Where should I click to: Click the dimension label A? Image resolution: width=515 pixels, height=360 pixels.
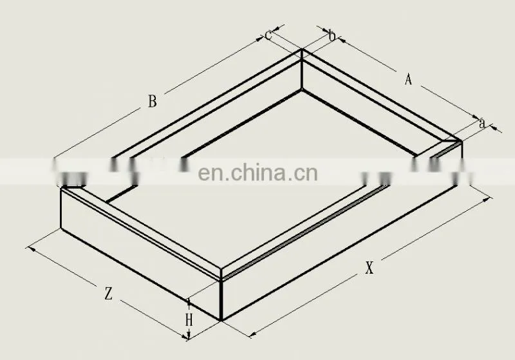tap(408, 79)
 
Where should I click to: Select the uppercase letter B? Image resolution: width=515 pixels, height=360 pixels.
tap(152, 101)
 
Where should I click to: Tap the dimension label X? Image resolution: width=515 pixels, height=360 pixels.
tap(370, 268)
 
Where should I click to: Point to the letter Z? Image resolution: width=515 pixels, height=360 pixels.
tap(108, 293)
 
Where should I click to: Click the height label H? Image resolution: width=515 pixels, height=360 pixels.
tap(189, 320)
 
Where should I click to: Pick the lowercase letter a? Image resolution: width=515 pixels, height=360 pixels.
tap(482, 124)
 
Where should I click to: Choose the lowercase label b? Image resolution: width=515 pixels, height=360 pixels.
tap(332, 36)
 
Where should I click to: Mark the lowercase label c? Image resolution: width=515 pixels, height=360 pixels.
tap(268, 35)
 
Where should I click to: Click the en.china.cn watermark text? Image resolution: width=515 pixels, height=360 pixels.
tap(258, 173)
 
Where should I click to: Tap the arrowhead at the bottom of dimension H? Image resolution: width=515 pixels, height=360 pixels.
tap(189, 337)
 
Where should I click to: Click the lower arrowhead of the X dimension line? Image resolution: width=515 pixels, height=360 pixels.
tap(252, 335)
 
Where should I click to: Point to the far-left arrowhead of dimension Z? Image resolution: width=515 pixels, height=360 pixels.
tap(31, 249)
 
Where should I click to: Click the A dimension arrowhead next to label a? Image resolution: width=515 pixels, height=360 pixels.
tap(476, 117)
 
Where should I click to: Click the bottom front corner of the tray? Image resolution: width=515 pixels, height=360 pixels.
tap(221, 320)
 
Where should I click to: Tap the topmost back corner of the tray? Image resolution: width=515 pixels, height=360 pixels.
tap(302, 50)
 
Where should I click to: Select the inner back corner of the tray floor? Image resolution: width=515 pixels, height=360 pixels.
tap(301, 90)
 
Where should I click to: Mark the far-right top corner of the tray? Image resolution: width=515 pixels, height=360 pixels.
tap(462, 141)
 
